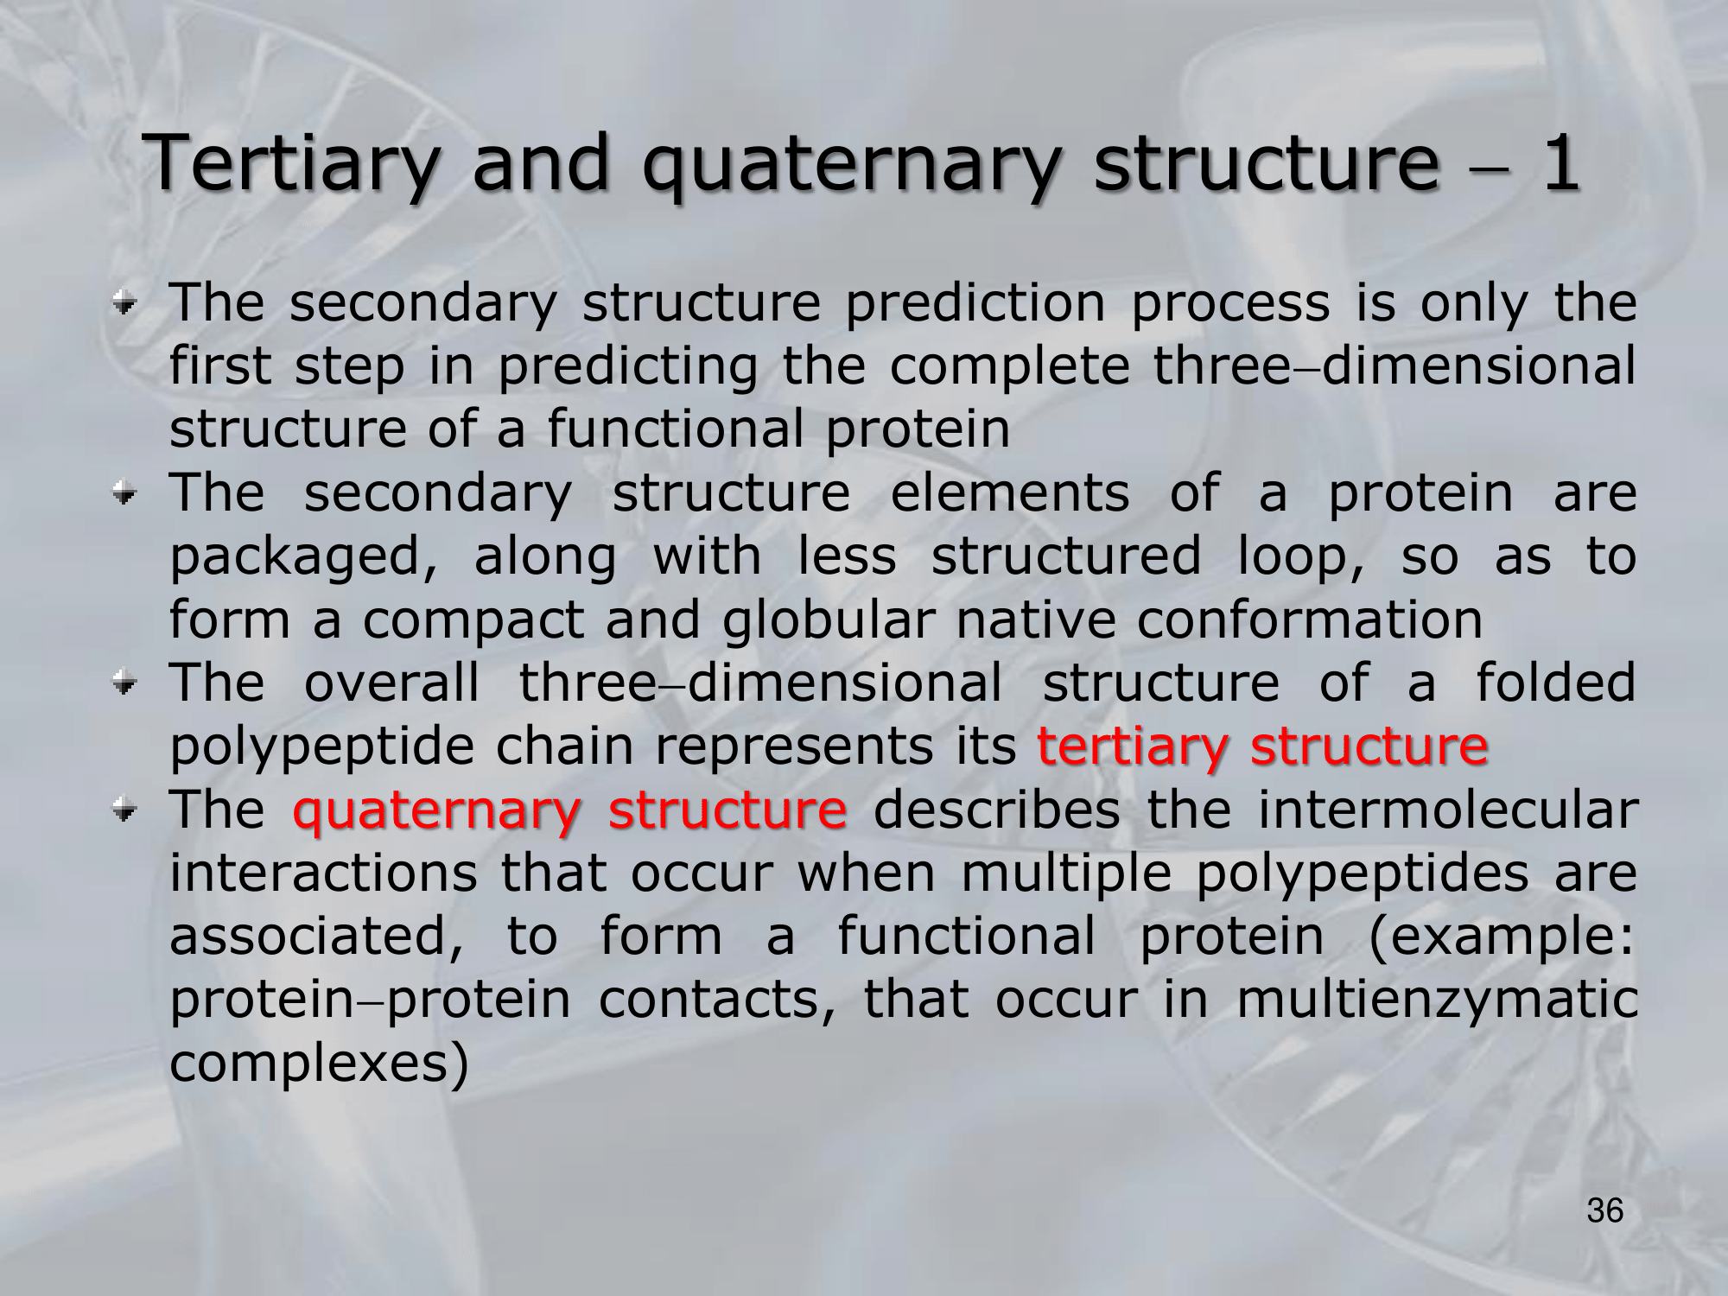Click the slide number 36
(1605, 1210)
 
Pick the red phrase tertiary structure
(1262, 746)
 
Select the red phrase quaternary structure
(570, 810)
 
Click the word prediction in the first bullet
(975, 303)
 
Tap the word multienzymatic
(1437, 1001)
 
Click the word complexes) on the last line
(319, 1064)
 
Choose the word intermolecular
(1448, 810)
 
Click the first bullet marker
(125, 304)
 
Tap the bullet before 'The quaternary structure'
(125, 810)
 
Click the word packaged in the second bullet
(304, 556)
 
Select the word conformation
(1309, 619)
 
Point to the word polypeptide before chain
(321, 746)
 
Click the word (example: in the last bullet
(1502, 937)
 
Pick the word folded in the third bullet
(1556, 683)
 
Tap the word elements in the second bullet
(1010, 493)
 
